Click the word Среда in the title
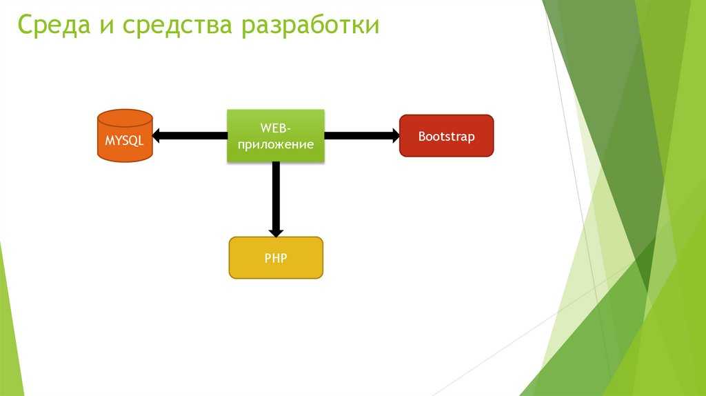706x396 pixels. pos(54,26)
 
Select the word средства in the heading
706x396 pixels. pos(177,26)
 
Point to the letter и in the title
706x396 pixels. pos(106,27)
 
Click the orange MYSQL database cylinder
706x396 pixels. pos(125,136)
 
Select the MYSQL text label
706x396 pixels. pos(124,141)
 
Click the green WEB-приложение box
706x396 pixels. pos(276,136)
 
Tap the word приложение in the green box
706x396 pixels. pos(276,145)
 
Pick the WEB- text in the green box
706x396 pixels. pos(276,128)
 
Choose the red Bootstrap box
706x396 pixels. pos(447,136)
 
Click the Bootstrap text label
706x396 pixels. pos(447,137)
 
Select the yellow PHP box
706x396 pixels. pos(276,258)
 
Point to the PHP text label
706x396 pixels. pos(276,258)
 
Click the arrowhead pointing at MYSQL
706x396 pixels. pos(156,136)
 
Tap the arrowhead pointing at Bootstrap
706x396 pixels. pos(396,136)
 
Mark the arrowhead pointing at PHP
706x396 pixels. pos(276,233)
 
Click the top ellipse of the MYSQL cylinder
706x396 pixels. pos(125,118)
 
